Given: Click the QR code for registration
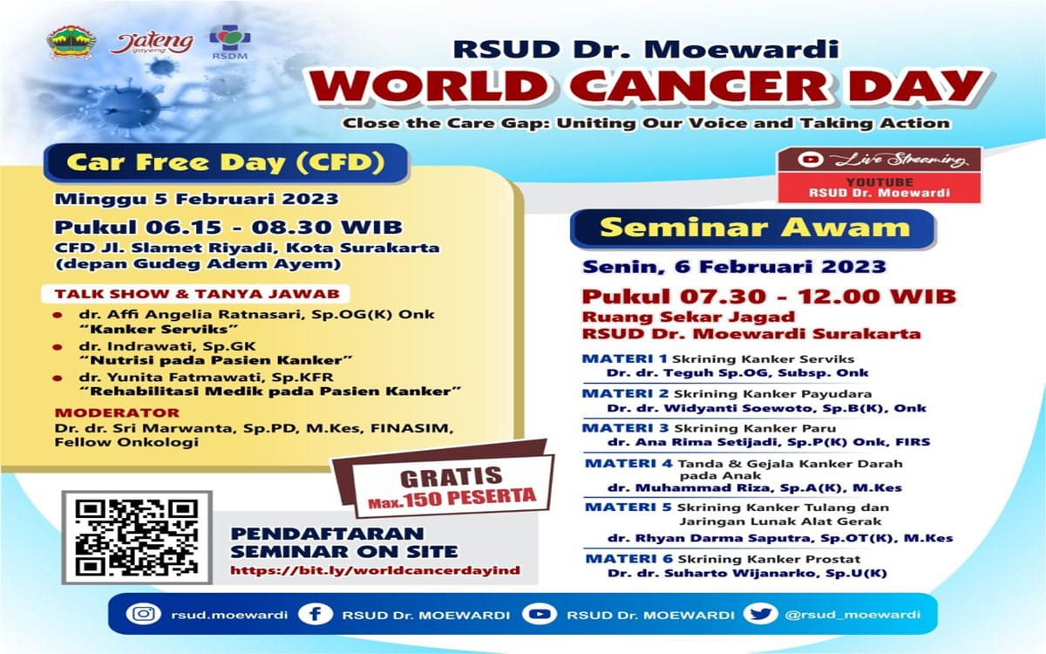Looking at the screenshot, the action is click(137, 537).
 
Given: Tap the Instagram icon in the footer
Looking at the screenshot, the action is click(143, 614).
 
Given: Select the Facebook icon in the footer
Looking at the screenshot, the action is click(316, 614).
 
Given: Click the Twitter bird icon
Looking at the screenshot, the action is click(760, 613).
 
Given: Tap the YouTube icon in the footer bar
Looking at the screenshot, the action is click(540, 614).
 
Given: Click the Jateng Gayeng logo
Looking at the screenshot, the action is click(152, 44).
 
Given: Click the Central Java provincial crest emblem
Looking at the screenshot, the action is click(71, 42).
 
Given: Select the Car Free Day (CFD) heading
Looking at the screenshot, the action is click(226, 162).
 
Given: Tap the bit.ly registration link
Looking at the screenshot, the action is click(375, 570).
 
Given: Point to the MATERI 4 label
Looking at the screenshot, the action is click(628, 463).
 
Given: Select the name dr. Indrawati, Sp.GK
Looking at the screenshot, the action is click(167, 346).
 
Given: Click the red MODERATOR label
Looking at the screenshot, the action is click(117, 413).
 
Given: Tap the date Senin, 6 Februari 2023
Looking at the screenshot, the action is click(735, 267).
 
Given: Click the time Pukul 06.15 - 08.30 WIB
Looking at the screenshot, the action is click(228, 228).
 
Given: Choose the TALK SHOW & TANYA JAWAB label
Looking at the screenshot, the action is click(197, 294).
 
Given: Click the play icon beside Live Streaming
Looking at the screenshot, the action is click(811, 160).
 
